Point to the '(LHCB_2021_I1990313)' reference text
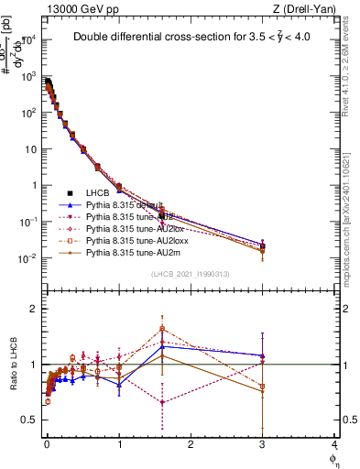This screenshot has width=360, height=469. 191,275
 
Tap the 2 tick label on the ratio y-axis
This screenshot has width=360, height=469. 35,309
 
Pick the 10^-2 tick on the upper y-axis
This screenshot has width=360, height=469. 27,258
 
